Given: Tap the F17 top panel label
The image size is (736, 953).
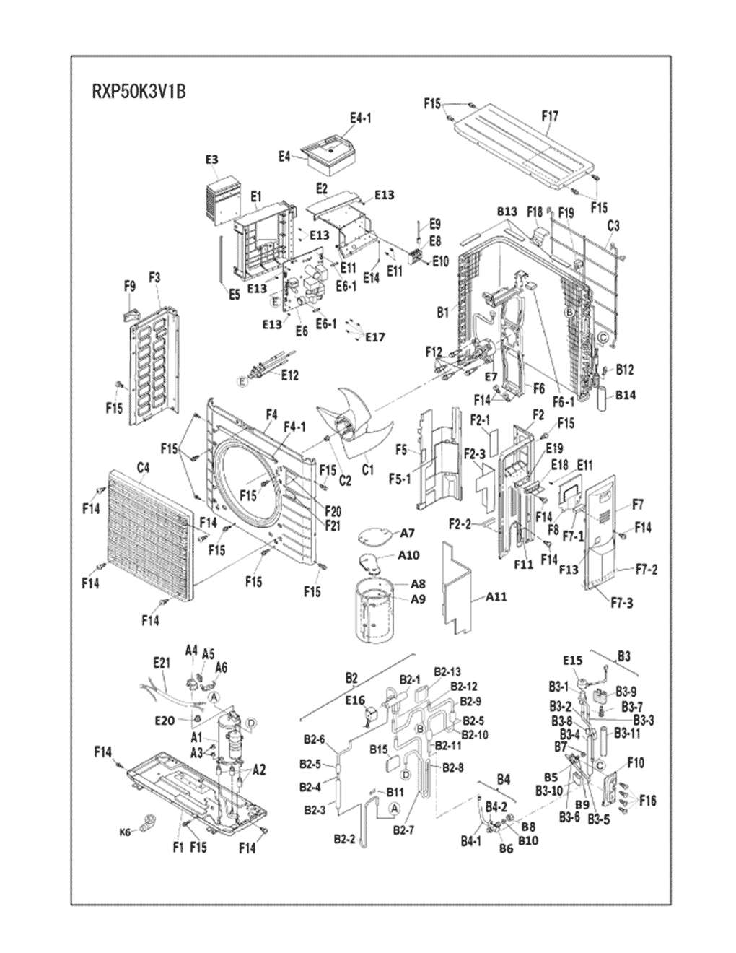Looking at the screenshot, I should click(x=549, y=116).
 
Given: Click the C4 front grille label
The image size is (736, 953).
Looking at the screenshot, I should click(x=143, y=468).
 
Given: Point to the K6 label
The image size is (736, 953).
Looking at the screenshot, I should click(x=125, y=832).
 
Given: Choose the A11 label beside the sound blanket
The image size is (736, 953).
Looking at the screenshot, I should click(x=496, y=596).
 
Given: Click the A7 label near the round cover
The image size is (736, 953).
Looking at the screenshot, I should click(x=407, y=533).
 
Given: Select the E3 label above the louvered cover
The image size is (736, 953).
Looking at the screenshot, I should click(x=211, y=160).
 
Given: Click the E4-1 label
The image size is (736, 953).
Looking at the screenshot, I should click(x=360, y=118).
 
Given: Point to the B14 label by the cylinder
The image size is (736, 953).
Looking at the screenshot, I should click(x=626, y=395).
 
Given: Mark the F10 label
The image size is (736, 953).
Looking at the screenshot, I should click(x=636, y=762).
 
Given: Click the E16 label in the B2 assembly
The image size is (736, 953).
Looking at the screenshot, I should click(x=354, y=700).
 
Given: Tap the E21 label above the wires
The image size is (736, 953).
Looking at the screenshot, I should click(x=161, y=663).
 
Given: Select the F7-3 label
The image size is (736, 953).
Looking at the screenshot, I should click(x=619, y=602).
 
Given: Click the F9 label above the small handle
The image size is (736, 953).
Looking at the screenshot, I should click(x=129, y=287).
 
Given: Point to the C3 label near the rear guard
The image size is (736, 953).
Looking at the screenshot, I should click(x=613, y=226).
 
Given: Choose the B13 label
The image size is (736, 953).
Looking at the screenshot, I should click(x=507, y=212).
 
